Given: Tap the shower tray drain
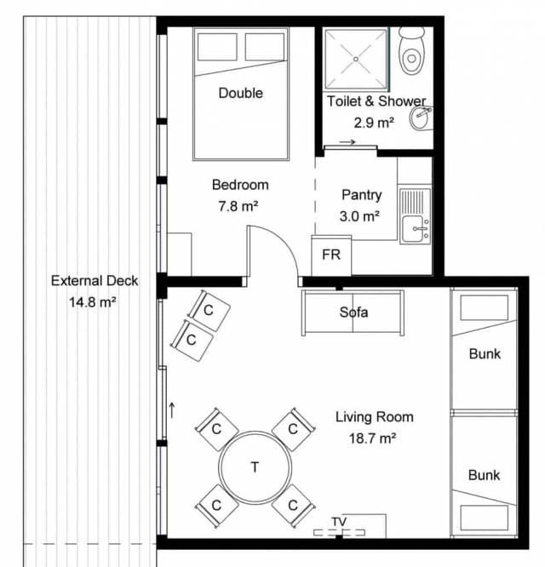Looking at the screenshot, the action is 356,59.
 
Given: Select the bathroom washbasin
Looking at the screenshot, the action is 421,118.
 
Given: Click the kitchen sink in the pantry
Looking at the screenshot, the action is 416,216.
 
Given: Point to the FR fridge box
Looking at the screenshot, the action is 331,255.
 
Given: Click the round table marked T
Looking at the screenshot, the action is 255,467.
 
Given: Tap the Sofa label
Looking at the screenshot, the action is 353,312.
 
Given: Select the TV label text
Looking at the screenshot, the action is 339,521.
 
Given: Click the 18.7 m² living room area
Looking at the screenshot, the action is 372,438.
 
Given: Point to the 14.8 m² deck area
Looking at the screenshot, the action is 93,302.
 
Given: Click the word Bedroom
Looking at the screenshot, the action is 240,185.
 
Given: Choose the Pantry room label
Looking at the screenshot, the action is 362,195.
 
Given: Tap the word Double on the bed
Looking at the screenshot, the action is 240,93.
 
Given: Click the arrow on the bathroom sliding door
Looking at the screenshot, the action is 347,142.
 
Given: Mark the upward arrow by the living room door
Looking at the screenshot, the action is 172,410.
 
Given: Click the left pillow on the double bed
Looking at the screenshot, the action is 217,47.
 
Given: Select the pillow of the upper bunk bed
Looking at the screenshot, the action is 485,307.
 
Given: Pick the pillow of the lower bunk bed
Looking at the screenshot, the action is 485,518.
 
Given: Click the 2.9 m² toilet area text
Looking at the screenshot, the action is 374,123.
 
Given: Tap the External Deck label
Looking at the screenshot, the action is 95,281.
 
